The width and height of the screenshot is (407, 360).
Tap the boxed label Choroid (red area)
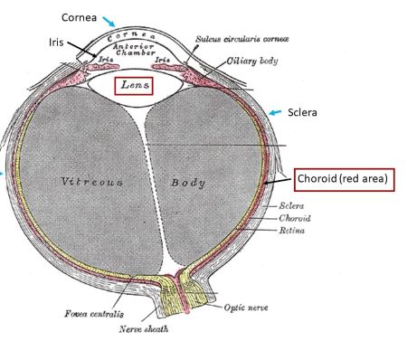[x=344, y=179]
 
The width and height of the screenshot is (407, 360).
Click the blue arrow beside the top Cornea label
[x=109, y=20]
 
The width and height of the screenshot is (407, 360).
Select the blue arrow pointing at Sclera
[x=278, y=113]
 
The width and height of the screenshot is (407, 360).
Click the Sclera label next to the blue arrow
[x=303, y=115]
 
